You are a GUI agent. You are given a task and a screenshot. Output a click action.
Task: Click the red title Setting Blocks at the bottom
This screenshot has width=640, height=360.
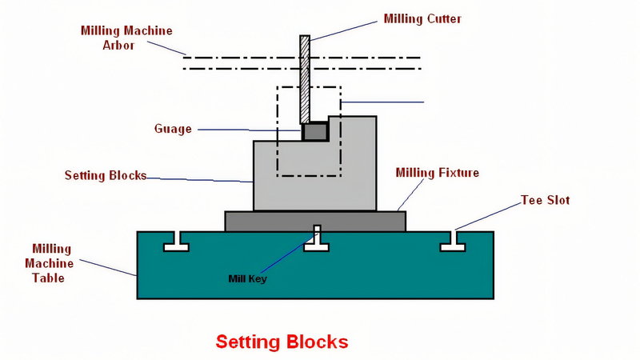[282, 342]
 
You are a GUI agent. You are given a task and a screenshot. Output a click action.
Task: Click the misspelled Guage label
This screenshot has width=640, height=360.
[173, 129]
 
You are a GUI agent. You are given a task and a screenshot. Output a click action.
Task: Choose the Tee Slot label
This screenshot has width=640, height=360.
[545, 200]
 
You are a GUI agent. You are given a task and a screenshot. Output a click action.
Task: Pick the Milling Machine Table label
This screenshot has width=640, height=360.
[53, 264]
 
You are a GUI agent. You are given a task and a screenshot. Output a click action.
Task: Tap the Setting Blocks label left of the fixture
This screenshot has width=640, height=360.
[106, 175]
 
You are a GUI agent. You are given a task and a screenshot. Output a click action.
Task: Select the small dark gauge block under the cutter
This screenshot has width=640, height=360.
[314, 131]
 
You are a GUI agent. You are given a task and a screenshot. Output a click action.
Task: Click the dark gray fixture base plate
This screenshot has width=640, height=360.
[314, 221]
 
